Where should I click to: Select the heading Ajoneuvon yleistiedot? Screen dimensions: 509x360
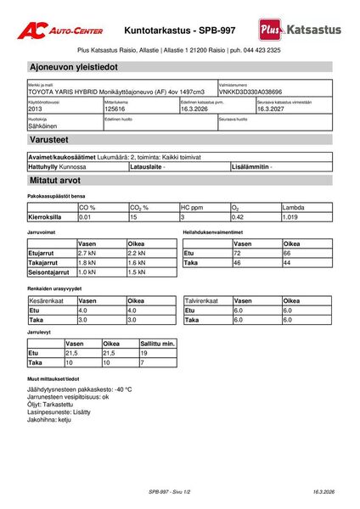pos(73,66)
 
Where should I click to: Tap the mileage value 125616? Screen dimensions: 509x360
pos(115,109)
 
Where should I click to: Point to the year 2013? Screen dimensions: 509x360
pos(35,109)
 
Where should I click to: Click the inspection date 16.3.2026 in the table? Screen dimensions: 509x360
pos(198,109)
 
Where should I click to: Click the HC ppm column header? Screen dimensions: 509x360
pos(193,207)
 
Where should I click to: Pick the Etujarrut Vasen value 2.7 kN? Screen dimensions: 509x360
pos(87,253)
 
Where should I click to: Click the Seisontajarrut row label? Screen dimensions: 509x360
pos(49,272)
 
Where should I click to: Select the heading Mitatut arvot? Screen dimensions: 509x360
pos(55,181)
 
